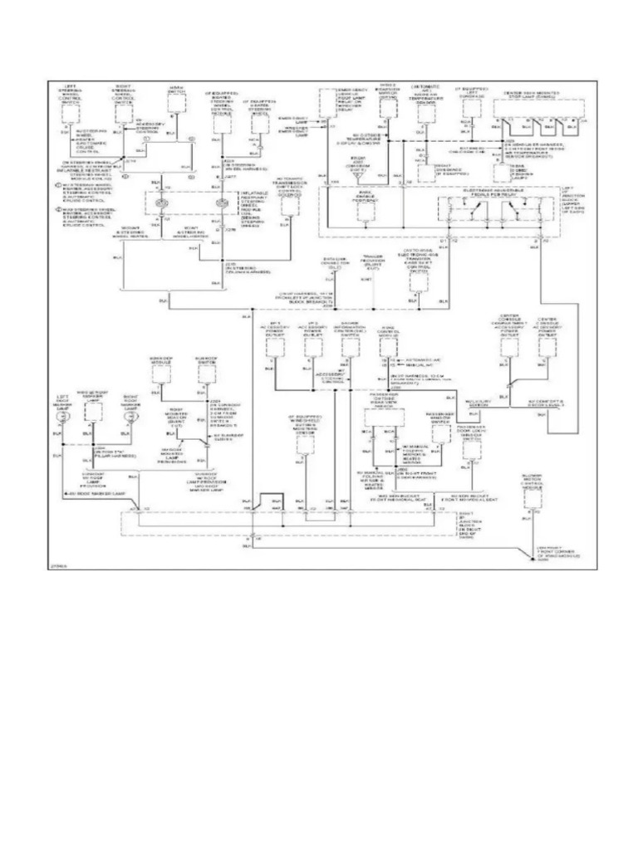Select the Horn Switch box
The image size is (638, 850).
coord(176,102)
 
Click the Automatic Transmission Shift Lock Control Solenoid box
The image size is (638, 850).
coord(289,203)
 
